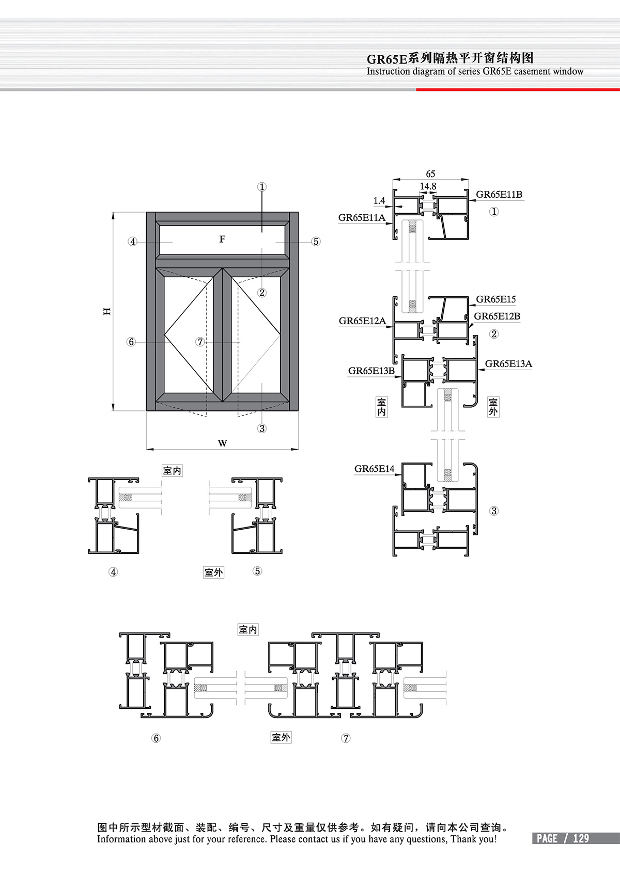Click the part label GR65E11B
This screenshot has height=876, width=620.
pyautogui.click(x=499, y=195)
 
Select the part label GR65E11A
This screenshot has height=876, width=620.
pyautogui.click(x=362, y=218)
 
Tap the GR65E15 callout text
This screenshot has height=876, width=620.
pyautogui.click(x=496, y=299)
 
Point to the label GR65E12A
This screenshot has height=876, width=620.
pyautogui.click(x=362, y=321)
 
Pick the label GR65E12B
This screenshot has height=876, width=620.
pyautogui.click(x=497, y=316)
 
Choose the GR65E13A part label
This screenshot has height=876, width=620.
pyautogui.click(x=508, y=364)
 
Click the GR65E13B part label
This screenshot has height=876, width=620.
pyautogui.click(x=371, y=371)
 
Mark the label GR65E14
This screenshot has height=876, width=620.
pyautogui.click(x=375, y=469)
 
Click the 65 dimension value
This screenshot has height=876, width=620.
pyautogui.click(x=430, y=173)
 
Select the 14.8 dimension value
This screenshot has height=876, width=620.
pyautogui.click(x=428, y=186)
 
